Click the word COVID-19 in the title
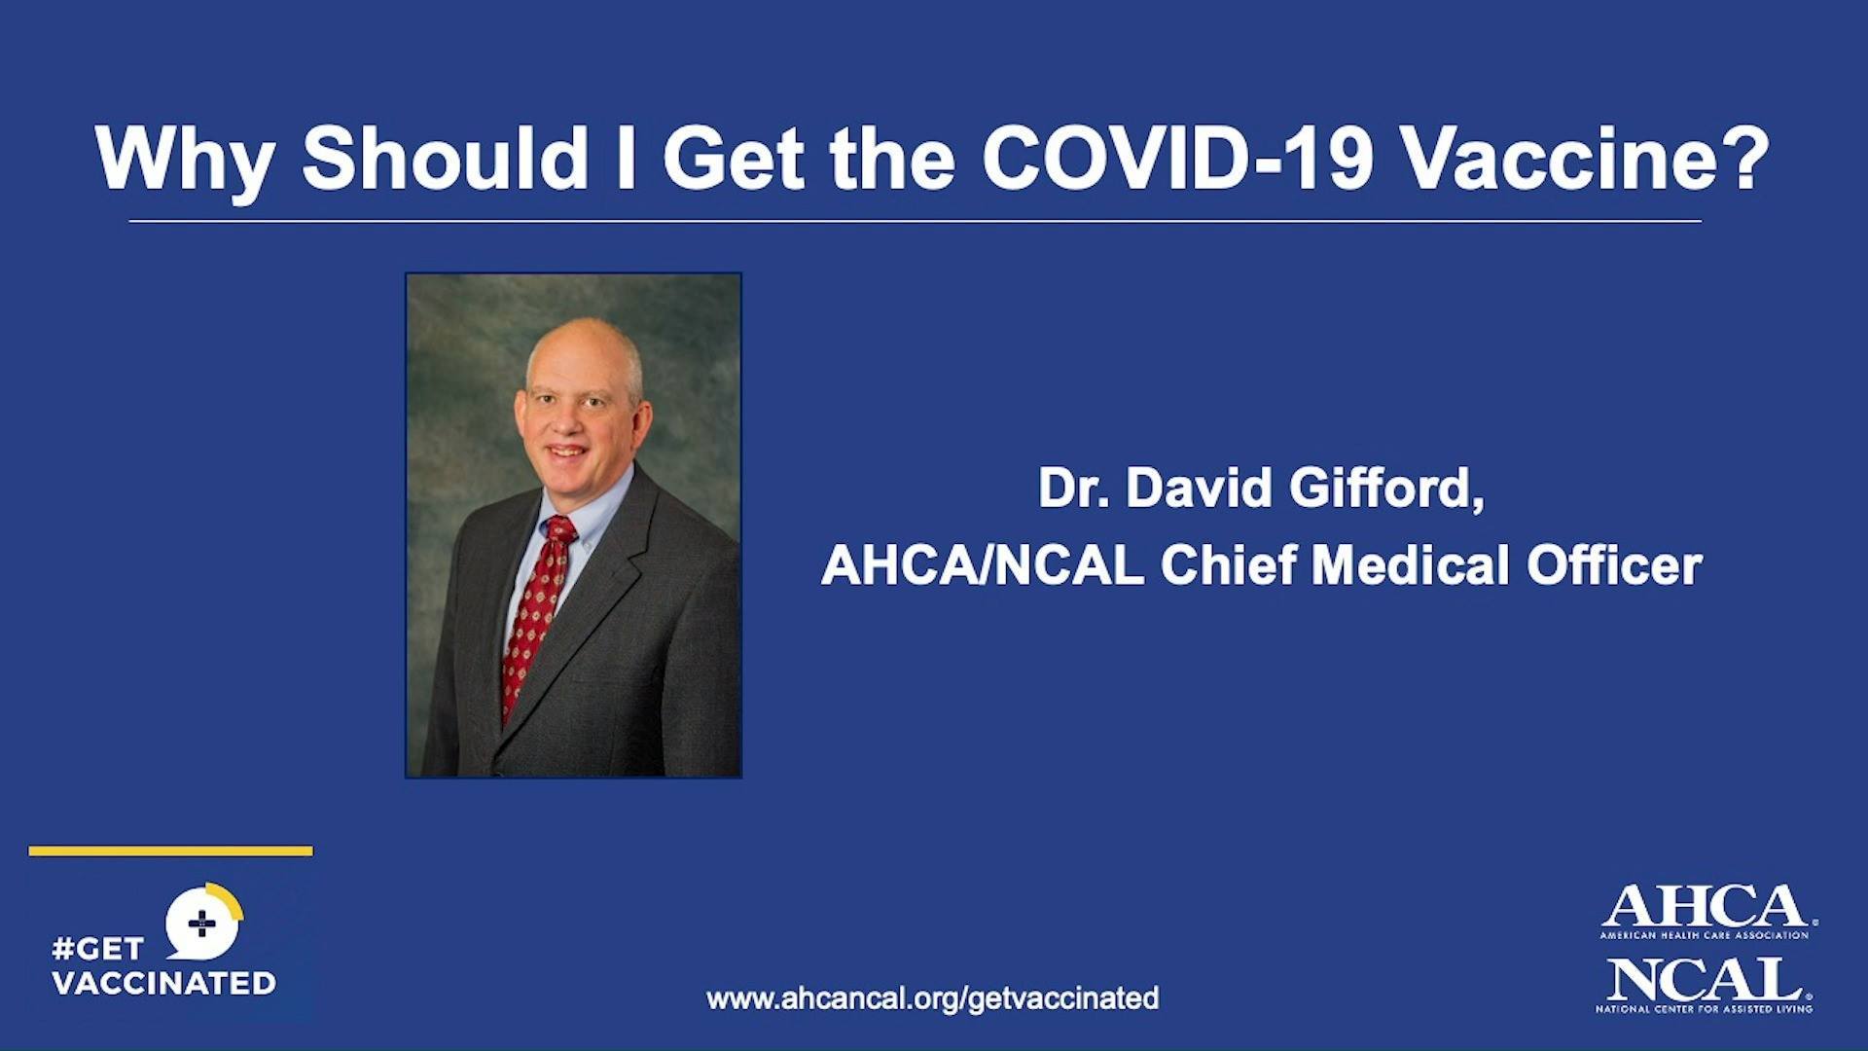pos(1177,159)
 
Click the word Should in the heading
pos(446,159)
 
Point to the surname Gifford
pos(1387,488)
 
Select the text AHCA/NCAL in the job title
pos(983,565)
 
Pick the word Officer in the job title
pos(1615,565)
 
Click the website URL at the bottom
pos(933,998)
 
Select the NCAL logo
pos(1705,985)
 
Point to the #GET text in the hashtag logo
pos(97,948)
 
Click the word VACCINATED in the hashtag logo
pos(163,983)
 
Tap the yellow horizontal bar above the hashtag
pos(171,852)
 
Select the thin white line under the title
pos(916,222)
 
